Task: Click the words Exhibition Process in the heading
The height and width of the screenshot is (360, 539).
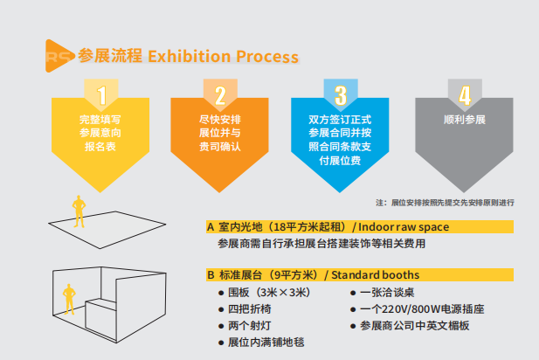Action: [x=224, y=57]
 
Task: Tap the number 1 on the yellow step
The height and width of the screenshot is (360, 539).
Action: [x=103, y=94]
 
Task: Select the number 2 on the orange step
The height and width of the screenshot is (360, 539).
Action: [x=221, y=94]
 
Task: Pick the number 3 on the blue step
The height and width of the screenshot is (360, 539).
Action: [x=341, y=94]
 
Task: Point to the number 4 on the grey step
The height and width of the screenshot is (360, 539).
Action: [x=465, y=94]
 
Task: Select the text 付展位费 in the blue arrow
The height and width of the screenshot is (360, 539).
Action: [x=341, y=161]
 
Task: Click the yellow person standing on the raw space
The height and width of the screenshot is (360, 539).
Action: [x=79, y=208]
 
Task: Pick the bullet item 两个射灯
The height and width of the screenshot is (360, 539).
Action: [x=247, y=325]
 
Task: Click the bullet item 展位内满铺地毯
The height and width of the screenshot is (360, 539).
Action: [x=266, y=342]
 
